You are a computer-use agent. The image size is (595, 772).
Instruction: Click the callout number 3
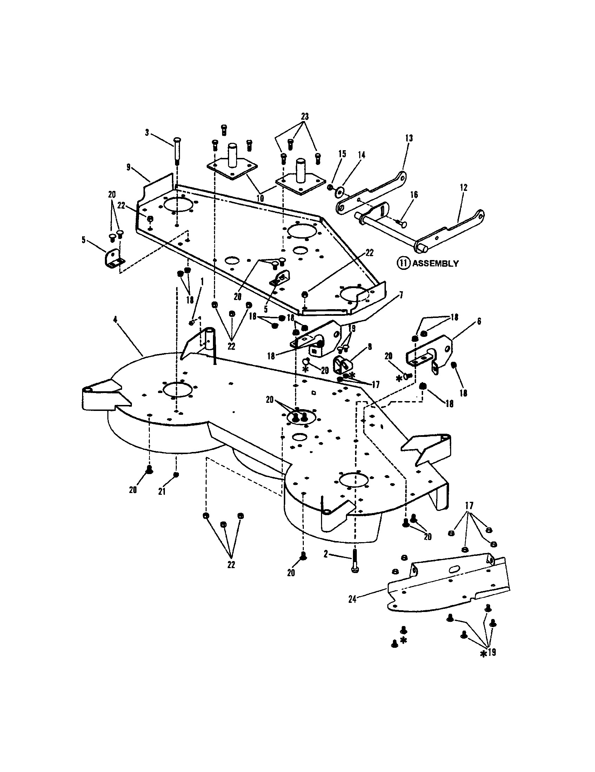[x=147, y=133]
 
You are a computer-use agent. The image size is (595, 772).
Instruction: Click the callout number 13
[x=409, y=138]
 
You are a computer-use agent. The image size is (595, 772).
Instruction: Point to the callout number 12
[x=463, y=187]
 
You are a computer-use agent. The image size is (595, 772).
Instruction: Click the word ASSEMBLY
[x=435, y=263]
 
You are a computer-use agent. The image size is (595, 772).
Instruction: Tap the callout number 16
[x=414, y=195]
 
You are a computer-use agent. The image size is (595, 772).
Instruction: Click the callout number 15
[x=342, y=154]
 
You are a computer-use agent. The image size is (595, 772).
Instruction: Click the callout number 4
[x=115, y=319]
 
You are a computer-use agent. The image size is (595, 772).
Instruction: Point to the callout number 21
[x=162, y=491]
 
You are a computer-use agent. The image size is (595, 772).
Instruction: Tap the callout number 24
[x=352, y=599]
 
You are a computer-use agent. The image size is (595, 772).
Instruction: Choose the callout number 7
[x=401, y=295]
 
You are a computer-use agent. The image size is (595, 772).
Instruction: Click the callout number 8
[x=369, y=347]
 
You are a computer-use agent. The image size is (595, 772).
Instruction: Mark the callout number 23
[x=305, y=116]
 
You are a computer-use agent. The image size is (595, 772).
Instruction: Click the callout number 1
[x=202, y=281]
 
